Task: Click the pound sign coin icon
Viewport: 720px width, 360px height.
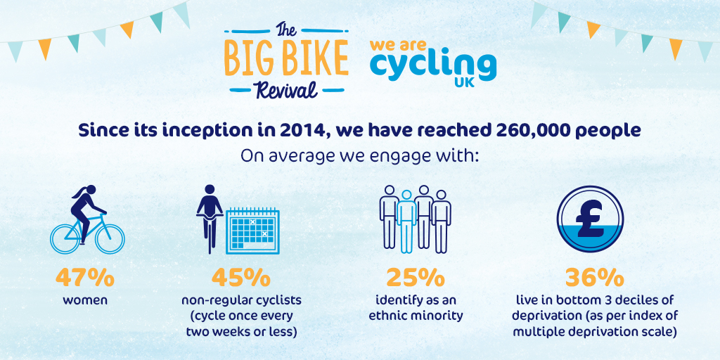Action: (x=593, y=218)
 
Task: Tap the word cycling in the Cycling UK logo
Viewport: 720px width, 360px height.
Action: (x=432, y=65)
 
